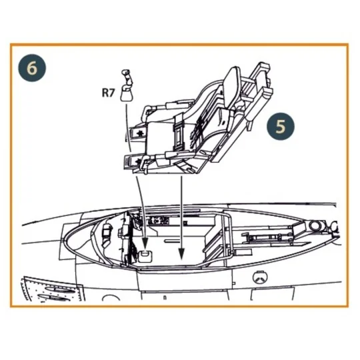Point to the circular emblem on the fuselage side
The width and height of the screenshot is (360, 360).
pos(260,279)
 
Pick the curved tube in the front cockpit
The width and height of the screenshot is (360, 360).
pos(107,232)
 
